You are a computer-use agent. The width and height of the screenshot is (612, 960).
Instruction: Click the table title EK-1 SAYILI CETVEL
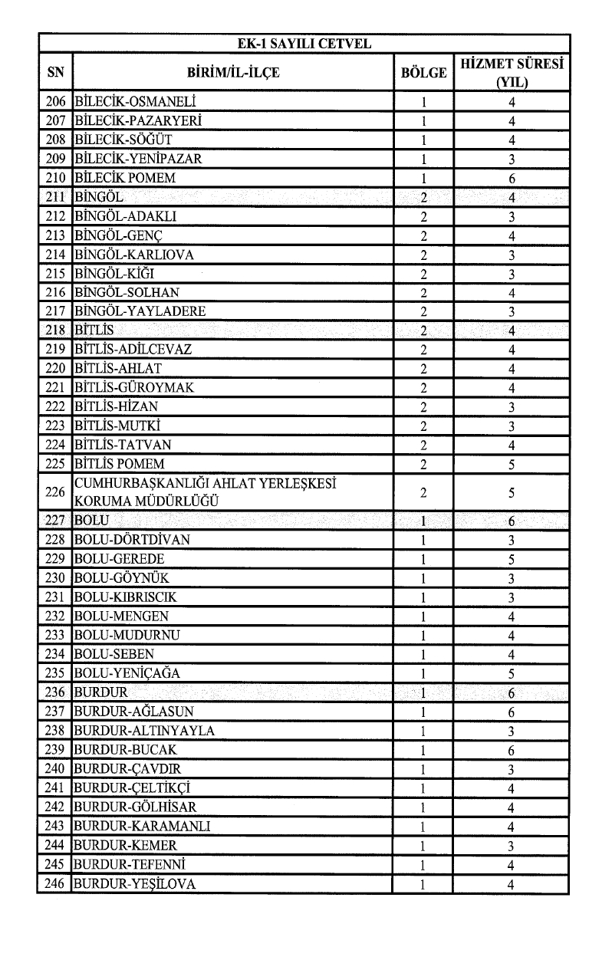304,44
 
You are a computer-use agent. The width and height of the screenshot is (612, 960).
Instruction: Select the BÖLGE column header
423,74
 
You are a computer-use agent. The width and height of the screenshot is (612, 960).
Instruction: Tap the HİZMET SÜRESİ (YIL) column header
511,74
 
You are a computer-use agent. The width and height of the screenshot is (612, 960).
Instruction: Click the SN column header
55,74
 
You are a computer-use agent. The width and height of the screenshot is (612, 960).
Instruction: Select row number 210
55,178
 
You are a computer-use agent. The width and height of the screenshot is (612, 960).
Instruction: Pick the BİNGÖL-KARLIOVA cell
133,255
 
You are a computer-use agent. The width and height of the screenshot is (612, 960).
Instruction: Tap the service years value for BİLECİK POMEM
511,179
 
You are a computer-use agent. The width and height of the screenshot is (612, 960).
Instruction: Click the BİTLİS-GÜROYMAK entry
134,388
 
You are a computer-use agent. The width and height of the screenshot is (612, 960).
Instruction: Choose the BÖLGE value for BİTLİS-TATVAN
423,445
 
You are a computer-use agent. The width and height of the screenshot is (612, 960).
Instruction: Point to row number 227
55,521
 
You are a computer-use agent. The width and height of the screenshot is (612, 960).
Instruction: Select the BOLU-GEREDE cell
119,559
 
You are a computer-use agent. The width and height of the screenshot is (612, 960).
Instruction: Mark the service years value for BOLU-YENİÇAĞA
511,674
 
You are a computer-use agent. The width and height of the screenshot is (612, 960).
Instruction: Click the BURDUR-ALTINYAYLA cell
144,731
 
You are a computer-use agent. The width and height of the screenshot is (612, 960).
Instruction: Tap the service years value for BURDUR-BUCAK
511,750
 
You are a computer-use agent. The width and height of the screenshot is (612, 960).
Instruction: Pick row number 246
55,884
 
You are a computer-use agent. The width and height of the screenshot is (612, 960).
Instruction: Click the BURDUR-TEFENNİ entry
127,865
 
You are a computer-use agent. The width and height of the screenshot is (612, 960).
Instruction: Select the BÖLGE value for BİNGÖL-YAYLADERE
423,312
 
